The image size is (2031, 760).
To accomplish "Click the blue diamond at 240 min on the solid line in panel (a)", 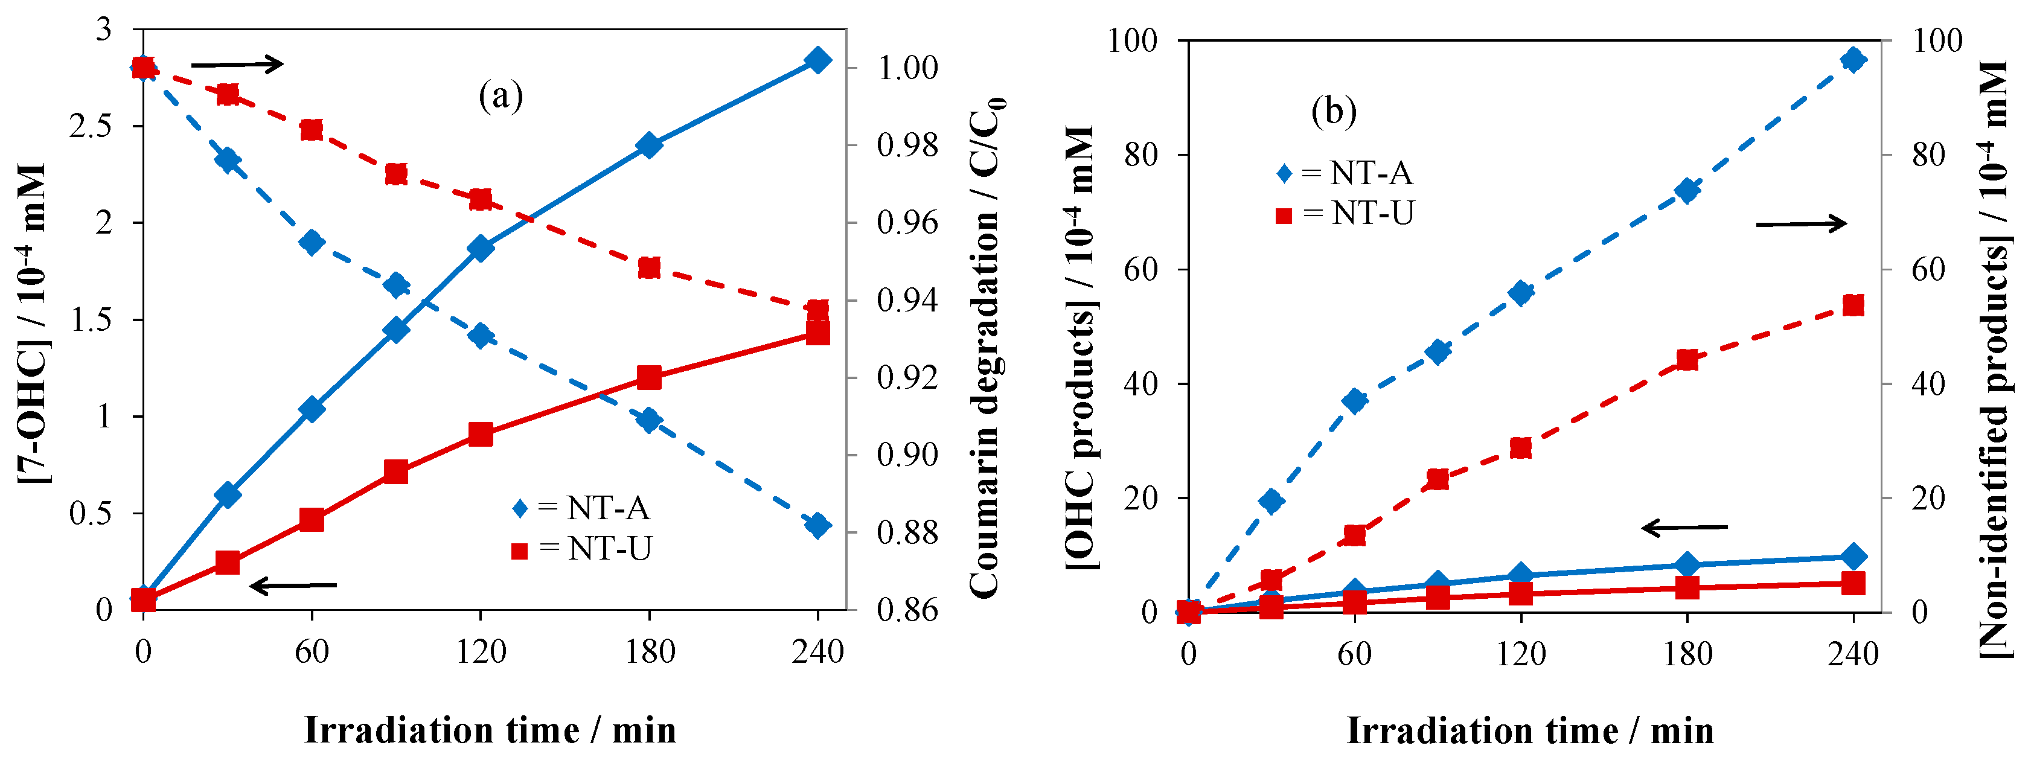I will point(817,60).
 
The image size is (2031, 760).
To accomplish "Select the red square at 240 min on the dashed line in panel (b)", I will point(1853,305).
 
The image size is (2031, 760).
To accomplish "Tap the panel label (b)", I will point(1333,110).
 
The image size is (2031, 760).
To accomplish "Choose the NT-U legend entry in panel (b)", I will point(1345,214).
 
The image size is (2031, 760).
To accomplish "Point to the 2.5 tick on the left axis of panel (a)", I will point(90,126).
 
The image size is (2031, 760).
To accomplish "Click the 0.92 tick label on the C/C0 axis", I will point(907,378).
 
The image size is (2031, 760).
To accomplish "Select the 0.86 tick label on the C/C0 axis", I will point(907,610).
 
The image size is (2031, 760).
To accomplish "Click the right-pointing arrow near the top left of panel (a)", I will point(237,64).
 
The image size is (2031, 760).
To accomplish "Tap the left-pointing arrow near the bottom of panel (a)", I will point(293,586).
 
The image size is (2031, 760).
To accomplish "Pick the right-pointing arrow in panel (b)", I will point(1801,224).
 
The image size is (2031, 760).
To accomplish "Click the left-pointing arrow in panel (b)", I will point(1684,526).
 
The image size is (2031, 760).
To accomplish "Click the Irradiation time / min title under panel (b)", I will point(1529,730).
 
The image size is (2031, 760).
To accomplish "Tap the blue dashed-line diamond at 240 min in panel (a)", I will point(817,525).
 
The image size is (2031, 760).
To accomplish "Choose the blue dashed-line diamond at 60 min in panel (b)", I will point(1355,400).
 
